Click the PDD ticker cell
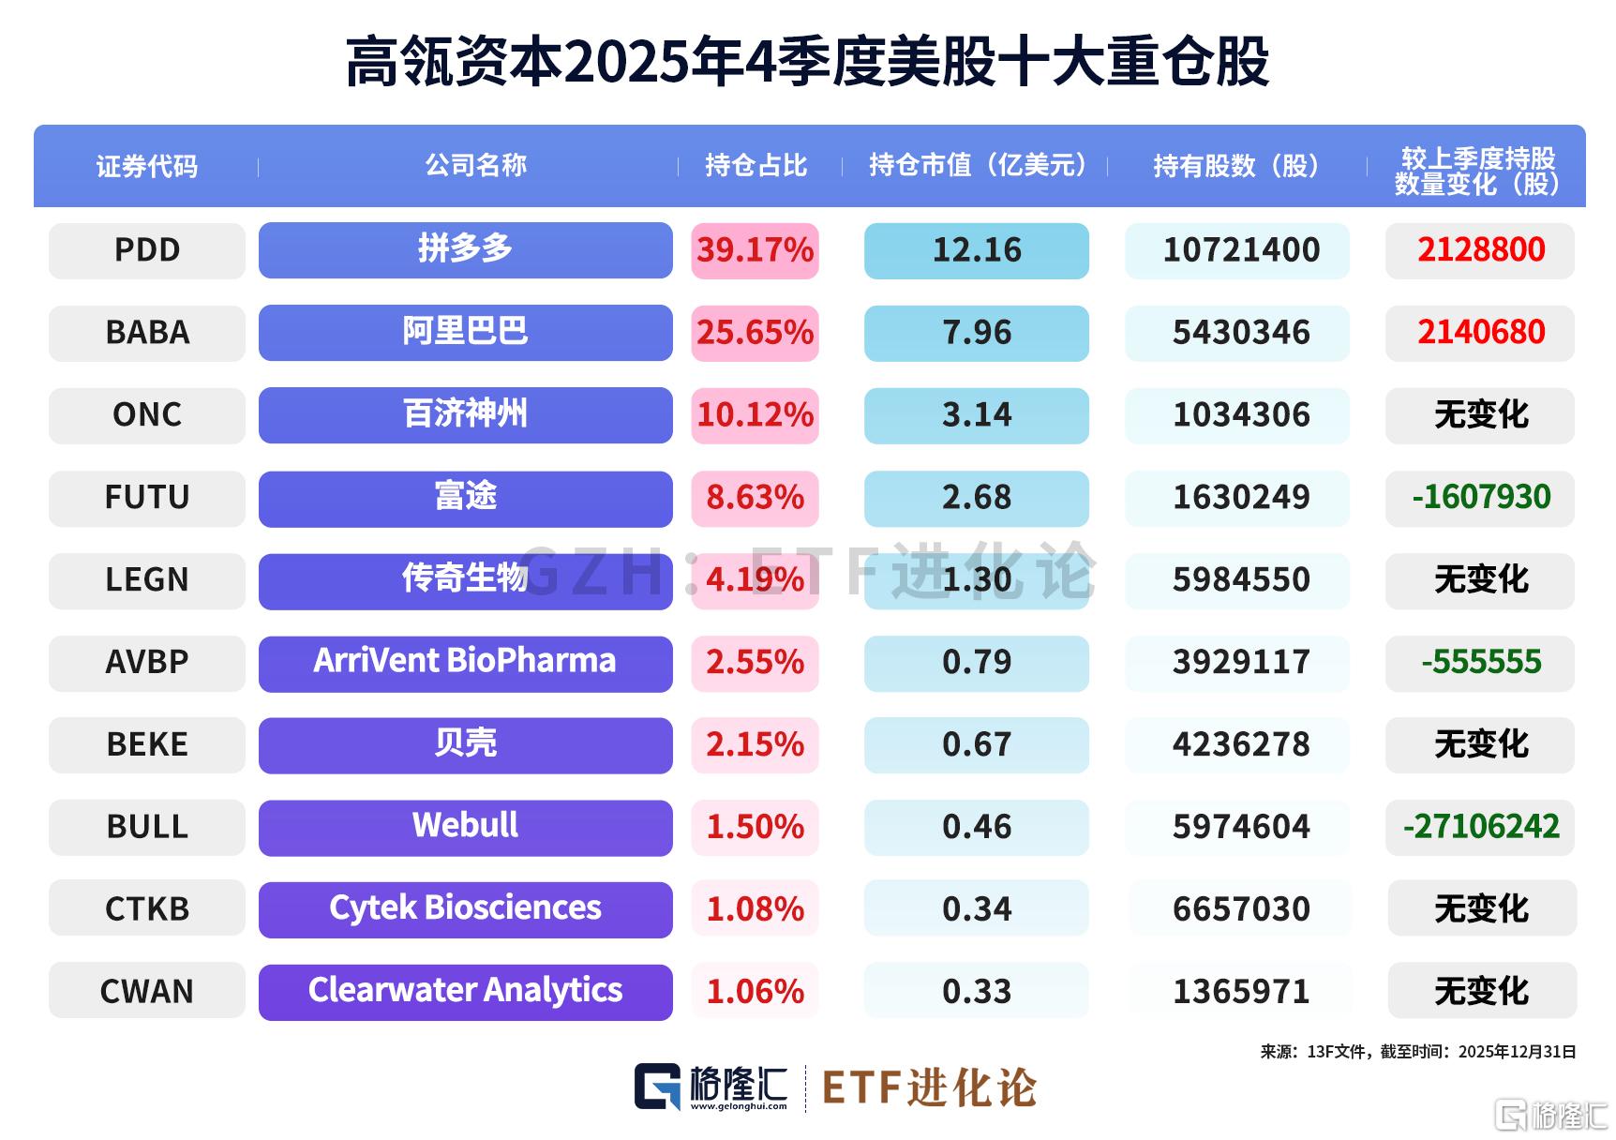(x=147, y=250)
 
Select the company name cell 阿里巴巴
(x=465, y=333)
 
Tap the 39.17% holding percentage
(x=755, y=250)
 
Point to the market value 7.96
(x=976, y=333)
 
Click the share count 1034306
(x=1241, y=415)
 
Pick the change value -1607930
(x=1481, y=497)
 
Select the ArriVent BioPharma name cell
(x=465, y=662)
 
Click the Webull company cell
(x=465, y=827)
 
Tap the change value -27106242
(x=1481, y=827)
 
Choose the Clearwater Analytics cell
(x=465, y=991)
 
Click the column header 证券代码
(x=147, y=167)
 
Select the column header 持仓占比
(x=756, y=166)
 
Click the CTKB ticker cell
(x=147, y=909)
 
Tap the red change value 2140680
(x=1481, y=333)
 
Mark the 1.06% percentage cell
(x=755, y=992)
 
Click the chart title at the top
(x=807, y=62)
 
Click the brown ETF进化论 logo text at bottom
(x=929, y=1088)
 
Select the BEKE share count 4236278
(x=1241, y=744)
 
